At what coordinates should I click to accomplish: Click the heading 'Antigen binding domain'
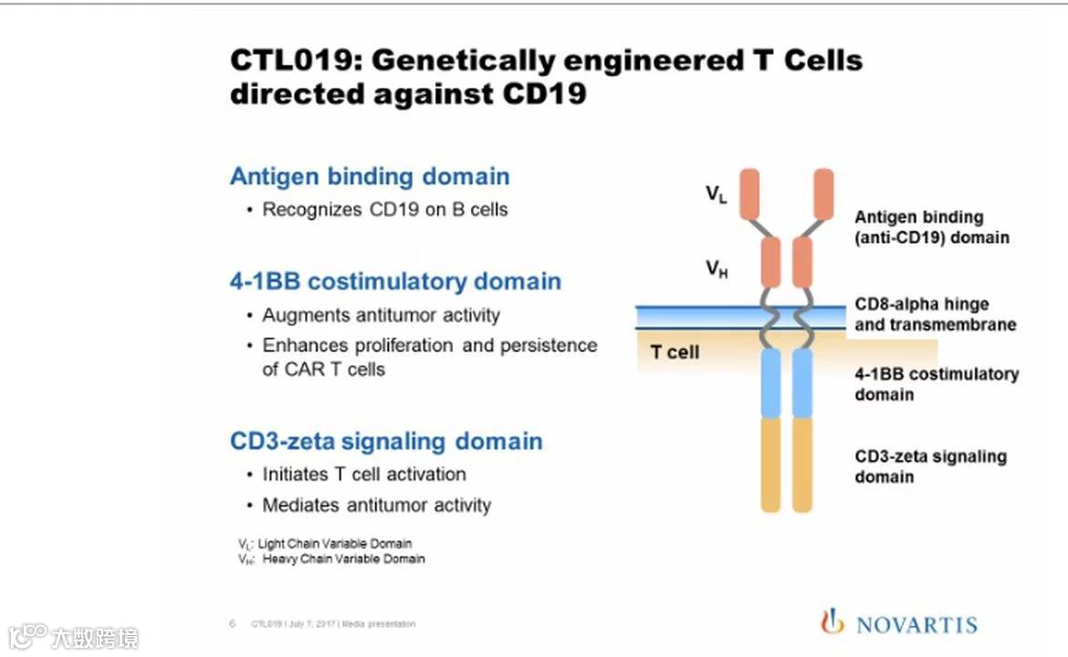pyautogui.click(x=370, y=176)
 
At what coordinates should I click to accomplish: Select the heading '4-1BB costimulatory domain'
pyautogui.click(x=395, y=281)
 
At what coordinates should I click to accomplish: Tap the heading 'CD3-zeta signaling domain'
pyautogui.click(x=386, y=442)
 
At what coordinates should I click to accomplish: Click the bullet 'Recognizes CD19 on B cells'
pyautogui.click(x=384, y=210)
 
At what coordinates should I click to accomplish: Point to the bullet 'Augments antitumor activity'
pyautogui.click(x=381, y=316)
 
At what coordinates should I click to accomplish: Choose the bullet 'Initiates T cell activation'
pyautogui.click(x=363, y=474)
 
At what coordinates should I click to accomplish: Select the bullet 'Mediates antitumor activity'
pyautogui.click(x=376, y=506)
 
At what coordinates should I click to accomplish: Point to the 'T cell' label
pyautogui.click(x=675, y=352)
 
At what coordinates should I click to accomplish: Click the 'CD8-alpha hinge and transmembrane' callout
pyautogui.click(x=935, y=314)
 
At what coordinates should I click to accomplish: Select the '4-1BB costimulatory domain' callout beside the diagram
pyautogui.click(x=936, y=384)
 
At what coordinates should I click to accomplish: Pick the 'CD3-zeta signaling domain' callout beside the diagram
pyautogui.click(x=930, y=465)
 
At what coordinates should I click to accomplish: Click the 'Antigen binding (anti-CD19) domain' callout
pyautogui.click(x=931, y=227)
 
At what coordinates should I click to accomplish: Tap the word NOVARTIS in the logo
pyautogui.click(x=916, y=625)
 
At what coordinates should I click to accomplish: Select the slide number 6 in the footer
pyautogui.click(x=232, y=624)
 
